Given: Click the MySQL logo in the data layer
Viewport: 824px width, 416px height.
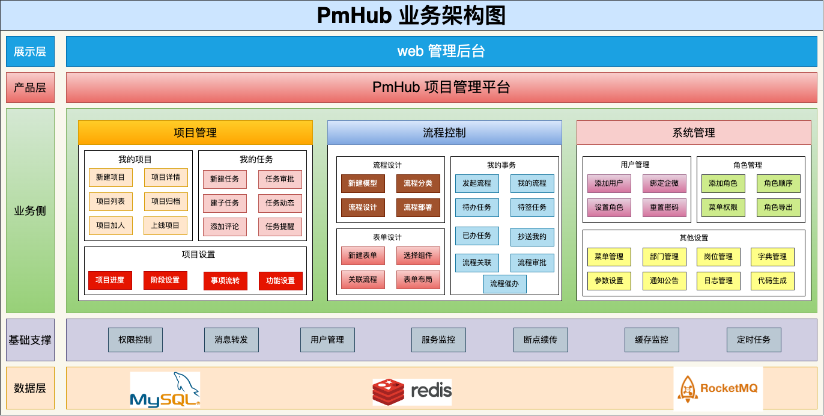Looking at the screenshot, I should pos(165,390).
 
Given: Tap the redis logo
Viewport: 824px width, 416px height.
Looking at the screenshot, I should pos(412,391).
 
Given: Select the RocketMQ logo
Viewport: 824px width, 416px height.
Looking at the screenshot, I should pos(718,388).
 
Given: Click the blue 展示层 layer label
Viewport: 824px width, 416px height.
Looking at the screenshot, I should pos(30,51).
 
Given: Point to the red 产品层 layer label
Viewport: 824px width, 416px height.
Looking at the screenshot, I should pos(30,87).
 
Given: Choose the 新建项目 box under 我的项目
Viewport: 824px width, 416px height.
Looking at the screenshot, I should pos(111,177).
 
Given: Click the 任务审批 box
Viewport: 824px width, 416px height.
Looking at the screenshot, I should pos(280,179).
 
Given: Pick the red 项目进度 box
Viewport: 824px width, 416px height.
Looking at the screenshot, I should pos(110,280).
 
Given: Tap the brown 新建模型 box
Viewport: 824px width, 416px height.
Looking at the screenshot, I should pos(363,183).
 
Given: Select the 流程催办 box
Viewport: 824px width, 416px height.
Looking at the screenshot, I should pos(504,284).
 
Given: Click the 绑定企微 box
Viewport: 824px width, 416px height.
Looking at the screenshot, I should pos(664,183).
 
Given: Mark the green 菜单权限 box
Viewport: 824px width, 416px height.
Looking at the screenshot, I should pos(723,207).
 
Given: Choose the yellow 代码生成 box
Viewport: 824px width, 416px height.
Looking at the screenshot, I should pos(772,281).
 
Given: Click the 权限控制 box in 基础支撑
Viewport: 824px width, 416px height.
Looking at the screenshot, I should pos(135,340).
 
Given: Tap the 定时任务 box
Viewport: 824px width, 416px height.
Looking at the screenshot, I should pos(754,340).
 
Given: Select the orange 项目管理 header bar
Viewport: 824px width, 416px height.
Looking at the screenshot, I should pos(195,133).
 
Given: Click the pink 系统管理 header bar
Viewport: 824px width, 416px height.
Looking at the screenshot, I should pos(694,133).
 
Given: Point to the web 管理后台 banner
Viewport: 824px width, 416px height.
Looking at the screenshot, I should pos(441,51).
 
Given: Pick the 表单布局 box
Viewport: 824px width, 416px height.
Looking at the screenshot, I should pos(418,280).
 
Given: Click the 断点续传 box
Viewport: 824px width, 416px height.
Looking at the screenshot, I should pos(536,340).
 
